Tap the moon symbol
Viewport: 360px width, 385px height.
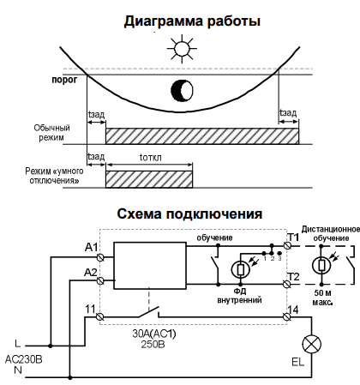tap(181, 90)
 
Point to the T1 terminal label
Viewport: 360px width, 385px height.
tap(292, 237)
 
